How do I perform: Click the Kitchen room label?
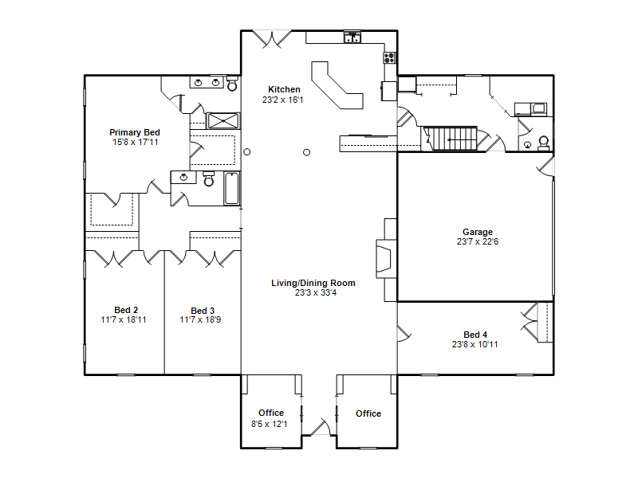click(284, 89)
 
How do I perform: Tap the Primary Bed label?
click(135, 132)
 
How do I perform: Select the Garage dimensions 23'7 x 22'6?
click(478, 242)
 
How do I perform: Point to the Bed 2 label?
click(126, 310)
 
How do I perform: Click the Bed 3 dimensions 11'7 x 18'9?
click(200, 320)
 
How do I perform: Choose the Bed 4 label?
click(475, 335)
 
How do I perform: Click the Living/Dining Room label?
click(313, 283)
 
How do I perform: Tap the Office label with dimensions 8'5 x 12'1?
click(271, 413)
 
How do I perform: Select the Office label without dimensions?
click(368, 413)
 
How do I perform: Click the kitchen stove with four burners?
click(389, 57)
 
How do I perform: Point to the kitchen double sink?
click(352, 37)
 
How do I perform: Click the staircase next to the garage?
click(451, 139)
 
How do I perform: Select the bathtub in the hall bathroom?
click(231, 188)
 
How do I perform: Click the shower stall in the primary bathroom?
click(223, 121)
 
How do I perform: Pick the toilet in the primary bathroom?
click(232, 84)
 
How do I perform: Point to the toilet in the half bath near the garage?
click(544, 143)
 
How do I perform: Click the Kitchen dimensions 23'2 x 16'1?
click(283, 100)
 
